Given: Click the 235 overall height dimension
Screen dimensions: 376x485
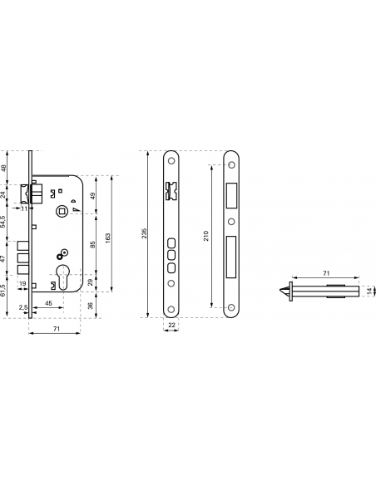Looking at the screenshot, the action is tap(144, 233).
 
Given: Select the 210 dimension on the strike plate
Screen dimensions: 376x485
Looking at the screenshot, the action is tap(206, 236).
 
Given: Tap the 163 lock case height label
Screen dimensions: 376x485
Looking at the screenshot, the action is tap(108, 238).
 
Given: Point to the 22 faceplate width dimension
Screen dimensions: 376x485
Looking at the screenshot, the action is tap(171, 325).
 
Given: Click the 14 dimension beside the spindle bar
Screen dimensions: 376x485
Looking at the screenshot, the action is tap(369, 291).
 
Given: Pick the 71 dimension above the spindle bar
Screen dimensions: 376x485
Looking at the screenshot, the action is tap(326, 273).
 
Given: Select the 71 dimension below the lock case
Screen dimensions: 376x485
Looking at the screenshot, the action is tap(56, 329).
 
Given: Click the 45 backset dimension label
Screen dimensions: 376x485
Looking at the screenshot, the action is tap(48, 303).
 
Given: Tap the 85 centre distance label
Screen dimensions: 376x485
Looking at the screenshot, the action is tap(92, 244).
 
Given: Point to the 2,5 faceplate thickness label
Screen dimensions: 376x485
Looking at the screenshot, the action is tap(23, 307).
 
